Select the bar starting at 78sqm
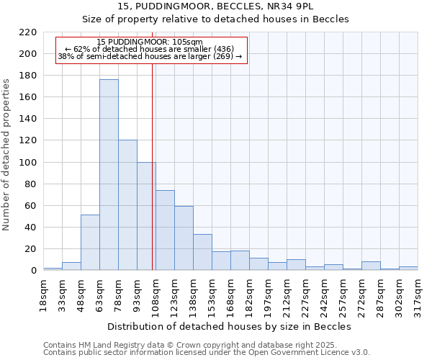pos(127,205)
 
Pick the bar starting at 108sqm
pos(165,230)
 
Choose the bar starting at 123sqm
pos(184,238)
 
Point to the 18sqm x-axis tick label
pos(44,293)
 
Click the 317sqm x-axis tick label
pos(418,293)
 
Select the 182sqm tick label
pos(250,293)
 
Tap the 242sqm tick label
pos(325,293)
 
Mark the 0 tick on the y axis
pos(32,271)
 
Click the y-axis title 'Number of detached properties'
pos(6,152)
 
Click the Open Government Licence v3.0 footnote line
pos(206,353)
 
